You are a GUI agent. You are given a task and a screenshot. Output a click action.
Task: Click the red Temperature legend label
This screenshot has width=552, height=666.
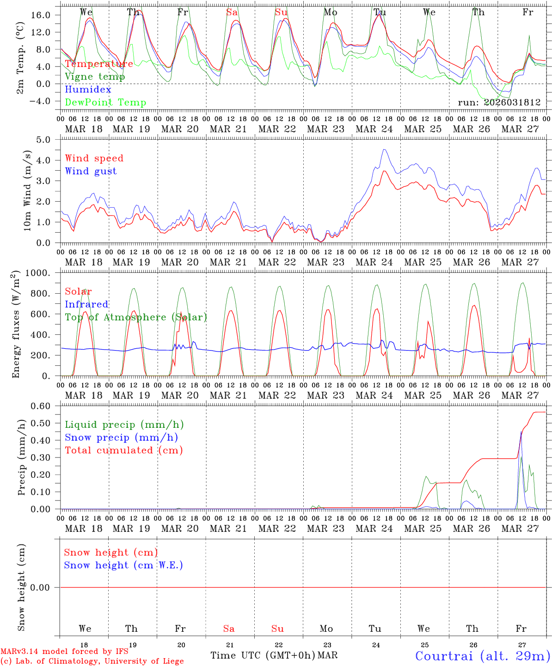[99, 64]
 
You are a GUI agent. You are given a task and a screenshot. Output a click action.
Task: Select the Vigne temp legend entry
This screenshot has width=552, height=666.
[95, 77]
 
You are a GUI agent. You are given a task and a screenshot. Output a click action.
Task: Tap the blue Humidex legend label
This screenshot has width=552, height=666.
[88, 90]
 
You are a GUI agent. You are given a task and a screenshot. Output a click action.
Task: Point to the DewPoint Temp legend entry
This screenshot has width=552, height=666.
[105, 103]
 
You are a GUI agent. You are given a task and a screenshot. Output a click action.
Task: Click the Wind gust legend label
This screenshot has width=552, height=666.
[91, 171]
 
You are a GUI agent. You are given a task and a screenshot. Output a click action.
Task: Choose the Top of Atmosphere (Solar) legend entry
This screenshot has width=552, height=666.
[136, 317]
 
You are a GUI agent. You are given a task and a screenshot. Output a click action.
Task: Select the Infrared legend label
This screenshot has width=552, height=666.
[86, 304]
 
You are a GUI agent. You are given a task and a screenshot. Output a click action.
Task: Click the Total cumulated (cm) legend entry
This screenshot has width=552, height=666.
[123, 450]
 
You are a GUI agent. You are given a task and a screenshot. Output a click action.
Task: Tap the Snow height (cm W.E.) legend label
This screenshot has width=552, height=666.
[123, 565]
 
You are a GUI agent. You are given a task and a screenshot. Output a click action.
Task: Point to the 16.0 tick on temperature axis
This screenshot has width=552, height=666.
[41, 15]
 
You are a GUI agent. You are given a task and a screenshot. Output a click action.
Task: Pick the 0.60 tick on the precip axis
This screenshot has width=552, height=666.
[41, 406]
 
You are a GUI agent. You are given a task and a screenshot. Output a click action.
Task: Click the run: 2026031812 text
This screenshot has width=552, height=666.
[499, 103]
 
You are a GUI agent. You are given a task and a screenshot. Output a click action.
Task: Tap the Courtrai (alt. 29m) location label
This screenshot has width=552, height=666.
[483, 655]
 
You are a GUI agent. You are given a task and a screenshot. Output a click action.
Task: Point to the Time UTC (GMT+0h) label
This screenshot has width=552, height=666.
[262, 655]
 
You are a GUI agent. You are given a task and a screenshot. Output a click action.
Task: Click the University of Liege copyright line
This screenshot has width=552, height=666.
[92, 661]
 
